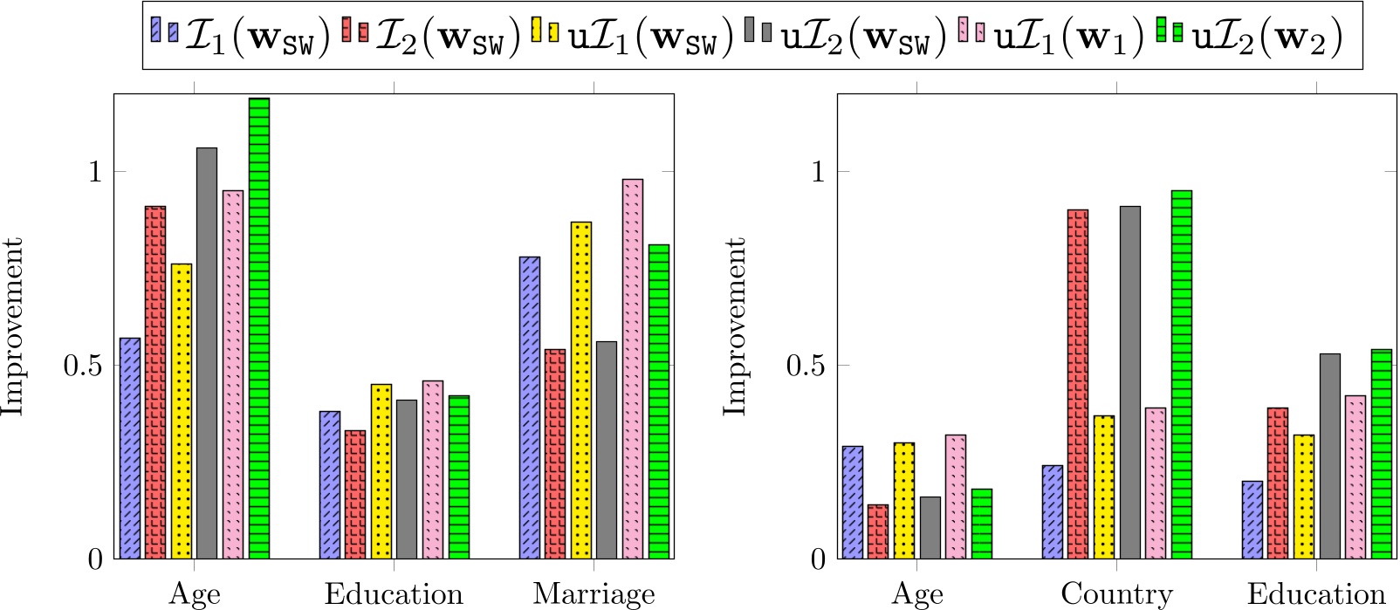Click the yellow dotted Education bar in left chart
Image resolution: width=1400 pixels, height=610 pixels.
[381, 471]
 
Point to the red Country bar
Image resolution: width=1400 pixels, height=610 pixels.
[1078, 384]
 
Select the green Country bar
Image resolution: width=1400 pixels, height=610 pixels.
[1182, 374]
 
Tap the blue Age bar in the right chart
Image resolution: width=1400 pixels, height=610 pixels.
[853, 502]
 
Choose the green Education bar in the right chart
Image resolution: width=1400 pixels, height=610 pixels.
[1382, 454]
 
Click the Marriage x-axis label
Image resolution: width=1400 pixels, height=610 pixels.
[594, 594]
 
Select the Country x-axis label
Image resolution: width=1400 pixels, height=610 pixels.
[1116, 594]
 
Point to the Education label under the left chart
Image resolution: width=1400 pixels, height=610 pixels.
[394, 594]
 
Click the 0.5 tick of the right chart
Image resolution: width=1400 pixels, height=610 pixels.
[806, 365]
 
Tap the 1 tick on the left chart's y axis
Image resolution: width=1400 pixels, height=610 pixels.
[96, 171]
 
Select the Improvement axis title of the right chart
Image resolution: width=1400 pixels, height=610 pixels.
[736, 326]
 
